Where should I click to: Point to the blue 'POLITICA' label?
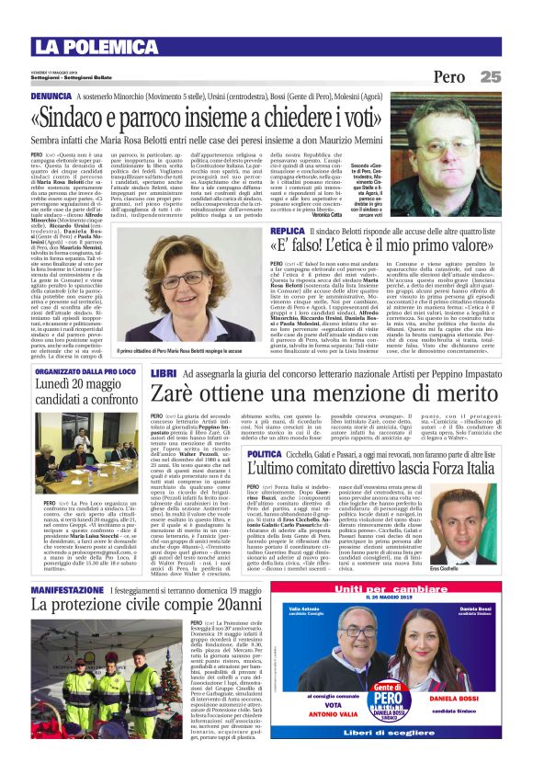(x=265, y=455)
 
